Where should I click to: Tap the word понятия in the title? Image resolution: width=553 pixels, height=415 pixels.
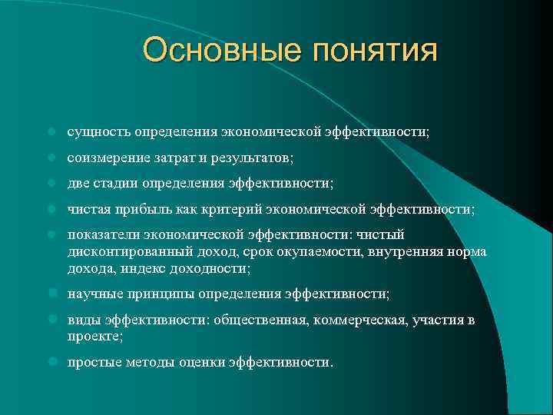tap(374, 51)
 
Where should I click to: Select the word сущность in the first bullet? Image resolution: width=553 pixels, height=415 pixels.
tap(99, 132)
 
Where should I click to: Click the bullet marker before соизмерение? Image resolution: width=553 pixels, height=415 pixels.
tap(49, 158)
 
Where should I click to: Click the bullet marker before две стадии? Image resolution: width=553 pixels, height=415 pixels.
tap(49, 183)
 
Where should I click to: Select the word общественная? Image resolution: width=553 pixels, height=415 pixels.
tap(264, 320)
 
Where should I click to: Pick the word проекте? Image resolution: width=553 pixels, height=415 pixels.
tap(94, 337)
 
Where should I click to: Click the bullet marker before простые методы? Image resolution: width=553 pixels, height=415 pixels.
tap(49, 362)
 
